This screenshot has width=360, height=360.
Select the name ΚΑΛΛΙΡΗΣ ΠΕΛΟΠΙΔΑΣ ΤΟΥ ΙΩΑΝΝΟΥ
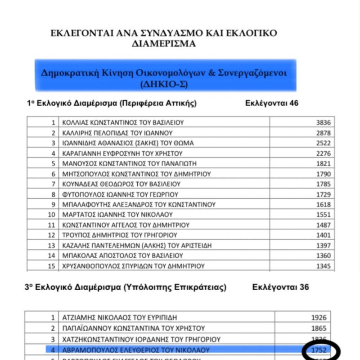click(x=118, y=133)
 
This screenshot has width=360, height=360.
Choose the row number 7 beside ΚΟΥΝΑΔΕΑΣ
click(x=54, y=184)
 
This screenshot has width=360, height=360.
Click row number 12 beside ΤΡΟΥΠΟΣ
click(x=52, y=235)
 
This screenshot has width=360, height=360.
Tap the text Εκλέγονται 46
click(x=272, y=103)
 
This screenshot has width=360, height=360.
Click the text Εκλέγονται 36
click(x=280, y=287)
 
